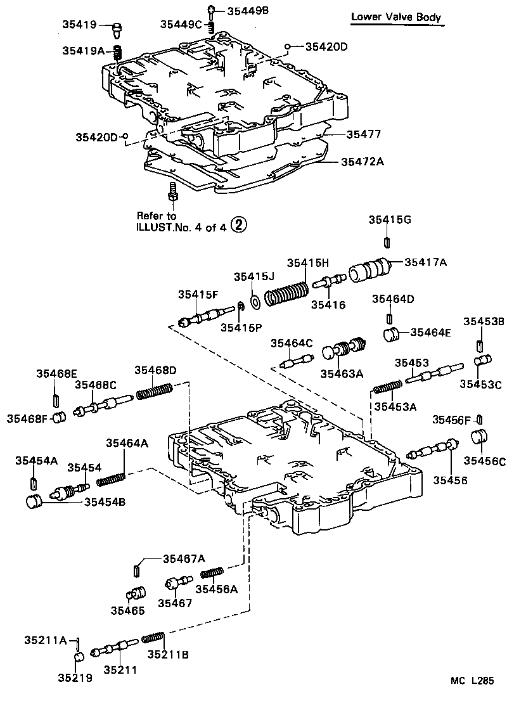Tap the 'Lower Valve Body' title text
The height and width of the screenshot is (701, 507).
pyautogui.click(x=397, y=17)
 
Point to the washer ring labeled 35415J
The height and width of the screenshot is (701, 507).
pyautogui.click(x=255, y=302)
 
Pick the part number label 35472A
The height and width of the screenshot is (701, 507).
pyautogui.click(x=363, y=162)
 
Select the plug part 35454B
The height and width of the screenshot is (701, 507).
pyautogui.click(x=33, y=502)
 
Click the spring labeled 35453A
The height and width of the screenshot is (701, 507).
pyautogui.click(x=387, y=388)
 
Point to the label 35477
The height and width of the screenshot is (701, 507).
pyautogui.click(x=363, y=134)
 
